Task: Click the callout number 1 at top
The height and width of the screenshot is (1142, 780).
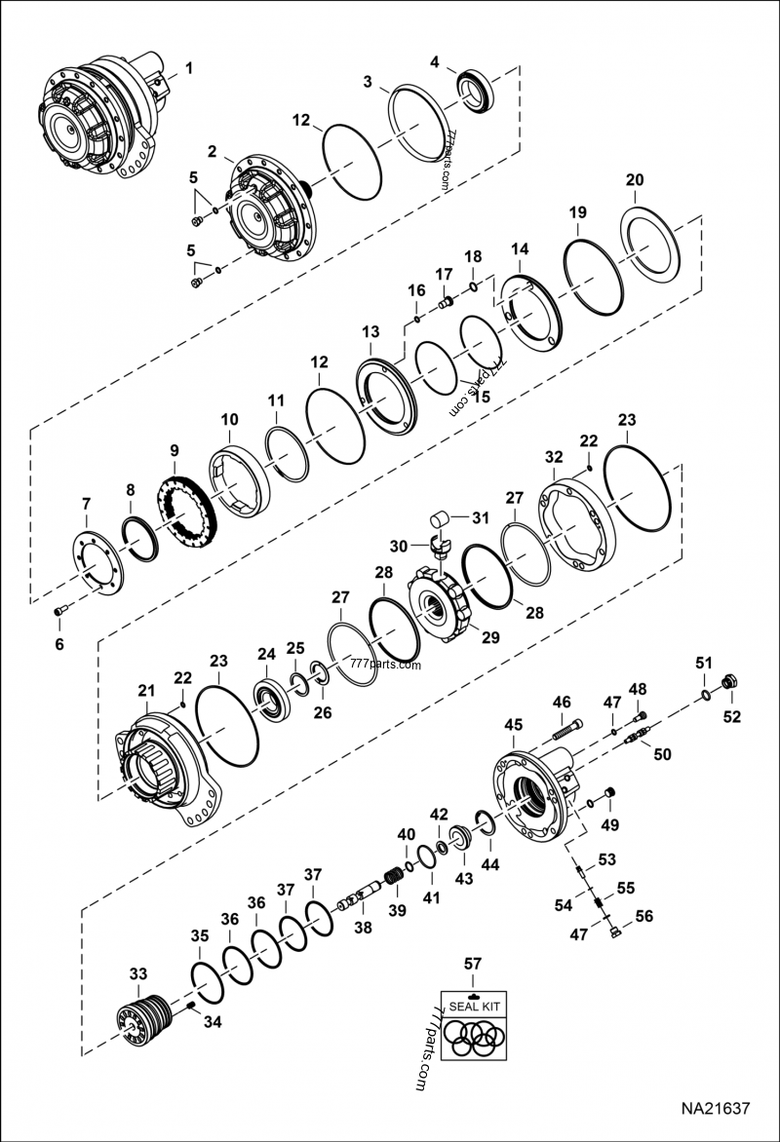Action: (189, 68)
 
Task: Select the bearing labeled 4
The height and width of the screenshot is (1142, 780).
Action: (478, 90)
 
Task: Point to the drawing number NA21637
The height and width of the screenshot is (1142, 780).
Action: (715, 1109)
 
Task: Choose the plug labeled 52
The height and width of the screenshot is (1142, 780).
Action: (726, 683)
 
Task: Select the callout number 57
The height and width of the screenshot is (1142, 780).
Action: (473, 964)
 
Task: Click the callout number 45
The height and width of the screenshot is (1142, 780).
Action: (514, 725)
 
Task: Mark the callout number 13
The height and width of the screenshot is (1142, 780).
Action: (370, 332)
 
